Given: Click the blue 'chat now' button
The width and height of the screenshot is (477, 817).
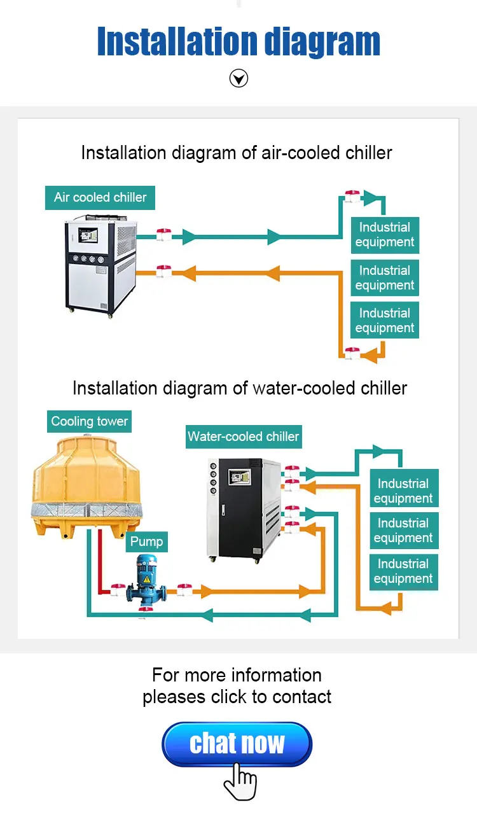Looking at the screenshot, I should pos(237,743).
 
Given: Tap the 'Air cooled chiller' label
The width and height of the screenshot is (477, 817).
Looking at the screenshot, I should pos(100,197).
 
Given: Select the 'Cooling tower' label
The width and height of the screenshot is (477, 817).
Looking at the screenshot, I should pos(89,421).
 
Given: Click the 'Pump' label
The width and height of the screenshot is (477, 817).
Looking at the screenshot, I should pos(146,541).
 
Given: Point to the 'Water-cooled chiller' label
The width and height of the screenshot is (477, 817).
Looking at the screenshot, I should pos(243,436).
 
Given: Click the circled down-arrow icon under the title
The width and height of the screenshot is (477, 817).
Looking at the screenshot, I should pos(238,79).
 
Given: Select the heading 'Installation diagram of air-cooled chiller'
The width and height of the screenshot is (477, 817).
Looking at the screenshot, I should pos(237,153).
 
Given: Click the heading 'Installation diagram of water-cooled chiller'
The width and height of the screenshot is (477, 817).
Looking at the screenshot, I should pos(239,388).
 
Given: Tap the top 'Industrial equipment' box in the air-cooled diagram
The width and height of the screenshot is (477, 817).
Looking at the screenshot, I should pos(385,235).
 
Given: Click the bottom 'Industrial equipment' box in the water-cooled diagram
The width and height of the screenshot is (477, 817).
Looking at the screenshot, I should pos(403,571).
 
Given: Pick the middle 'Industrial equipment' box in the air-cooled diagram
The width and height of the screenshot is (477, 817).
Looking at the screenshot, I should pos(385,278).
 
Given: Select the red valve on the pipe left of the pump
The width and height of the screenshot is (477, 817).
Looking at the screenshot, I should pos(118,590).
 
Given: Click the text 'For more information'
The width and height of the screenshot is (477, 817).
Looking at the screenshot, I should pos(237,674).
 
